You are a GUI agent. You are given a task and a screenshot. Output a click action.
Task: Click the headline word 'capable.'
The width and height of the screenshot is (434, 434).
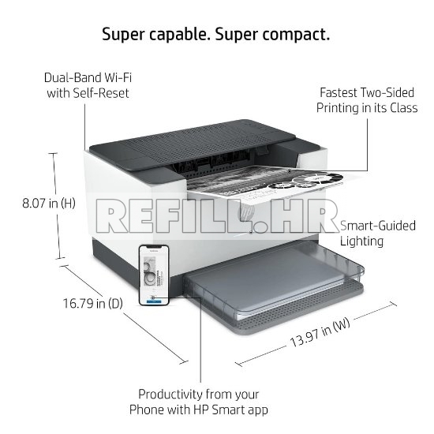coord(179,35)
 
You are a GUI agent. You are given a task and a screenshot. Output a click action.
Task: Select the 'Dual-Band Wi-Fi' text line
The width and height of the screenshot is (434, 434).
coord(88,77)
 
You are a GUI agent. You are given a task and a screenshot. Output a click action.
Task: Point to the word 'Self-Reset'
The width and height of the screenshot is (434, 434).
coord(101,93)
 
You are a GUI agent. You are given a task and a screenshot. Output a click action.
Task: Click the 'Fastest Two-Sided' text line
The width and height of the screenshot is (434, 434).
coord(367,92)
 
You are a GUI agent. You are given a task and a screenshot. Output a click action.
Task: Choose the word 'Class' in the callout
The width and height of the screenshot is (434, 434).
coord(404,107)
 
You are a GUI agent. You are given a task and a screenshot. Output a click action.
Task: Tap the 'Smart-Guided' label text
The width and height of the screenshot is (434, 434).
coord(378,226)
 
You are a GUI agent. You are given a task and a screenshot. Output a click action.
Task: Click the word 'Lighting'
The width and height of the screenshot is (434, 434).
coord(361,241)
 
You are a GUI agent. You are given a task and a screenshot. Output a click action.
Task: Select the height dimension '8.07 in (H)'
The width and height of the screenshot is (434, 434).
coord(49,204)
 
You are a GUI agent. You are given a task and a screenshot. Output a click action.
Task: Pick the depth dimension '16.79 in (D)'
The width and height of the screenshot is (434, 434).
coord(93,303)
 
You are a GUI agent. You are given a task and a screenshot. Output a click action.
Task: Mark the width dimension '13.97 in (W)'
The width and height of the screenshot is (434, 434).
coord(320,333)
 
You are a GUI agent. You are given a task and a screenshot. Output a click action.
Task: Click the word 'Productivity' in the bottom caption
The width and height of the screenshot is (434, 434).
coord(171,395)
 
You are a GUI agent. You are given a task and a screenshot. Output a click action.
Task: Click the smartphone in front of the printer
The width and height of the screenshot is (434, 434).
coord(154,275)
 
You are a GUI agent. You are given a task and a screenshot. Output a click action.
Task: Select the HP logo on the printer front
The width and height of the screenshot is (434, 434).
coord(246,211)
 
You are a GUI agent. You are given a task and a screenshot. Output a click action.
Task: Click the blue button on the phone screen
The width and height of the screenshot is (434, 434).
coord(154,301)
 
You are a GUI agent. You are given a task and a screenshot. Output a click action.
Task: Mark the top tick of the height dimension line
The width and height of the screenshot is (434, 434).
coord(53,153)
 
